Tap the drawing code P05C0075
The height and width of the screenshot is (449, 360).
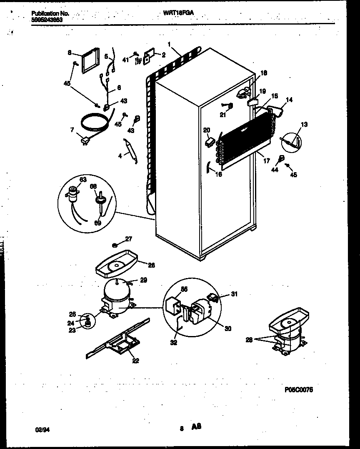coord(298,389)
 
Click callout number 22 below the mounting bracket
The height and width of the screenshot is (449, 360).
coord(135,361)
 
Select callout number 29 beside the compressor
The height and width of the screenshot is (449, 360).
coord(143,281)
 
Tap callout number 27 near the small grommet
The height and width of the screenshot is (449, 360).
coord(128,239)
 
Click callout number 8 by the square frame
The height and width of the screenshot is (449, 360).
coord(69,53)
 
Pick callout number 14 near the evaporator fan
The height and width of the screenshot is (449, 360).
coord(289,100)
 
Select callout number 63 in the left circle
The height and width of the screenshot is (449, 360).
coord(83,180)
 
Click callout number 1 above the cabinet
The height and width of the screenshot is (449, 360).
coord(169,44)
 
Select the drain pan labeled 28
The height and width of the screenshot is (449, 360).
coord(114,263)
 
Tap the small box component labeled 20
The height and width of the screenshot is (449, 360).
coord(209,142)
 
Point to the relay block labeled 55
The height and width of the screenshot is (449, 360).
coord(174,305)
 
